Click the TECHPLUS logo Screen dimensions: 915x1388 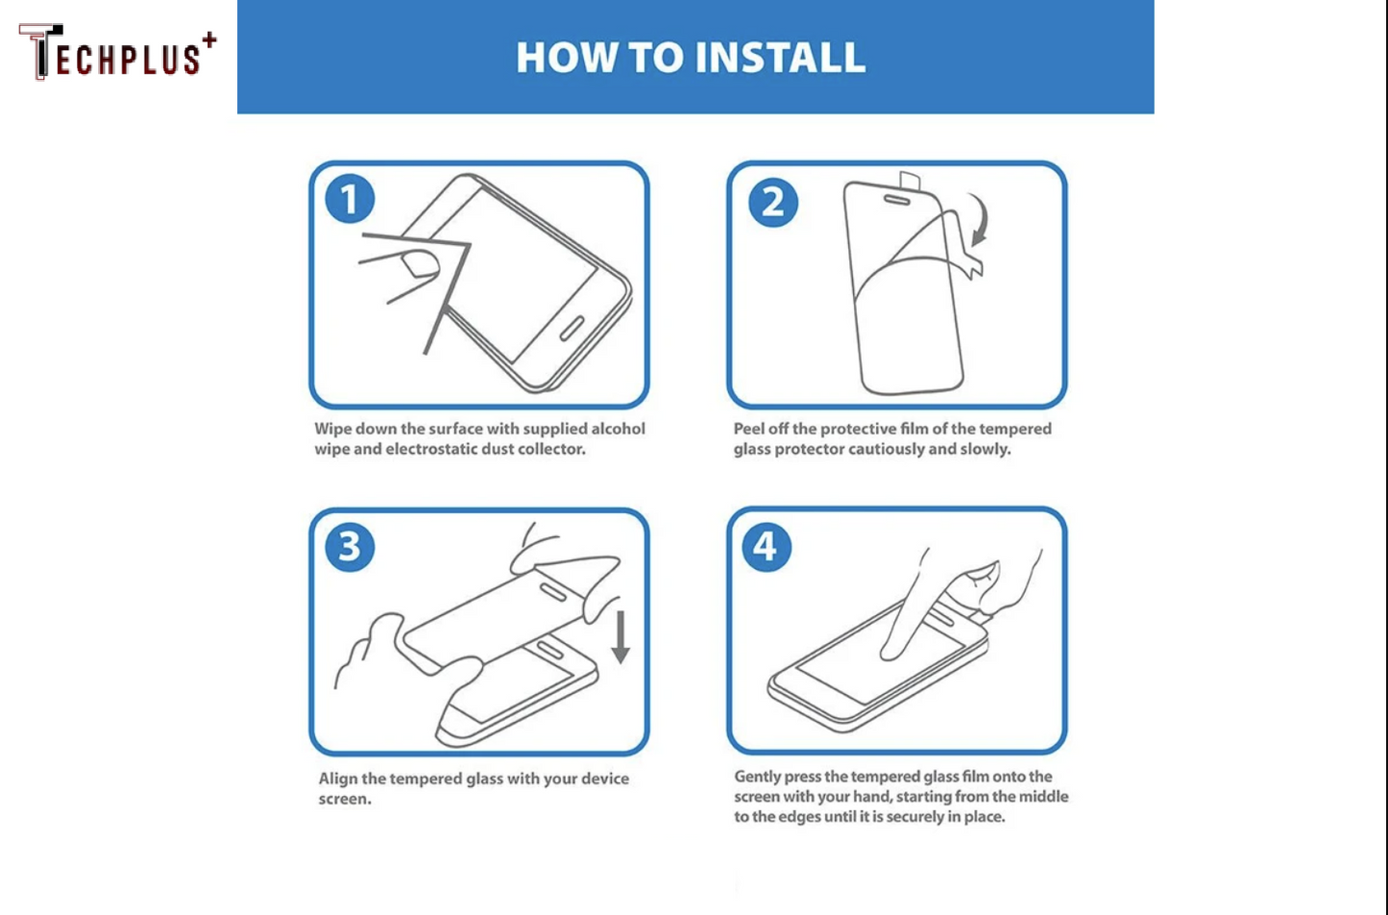(x=115, y=53)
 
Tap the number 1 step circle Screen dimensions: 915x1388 (x=350, y=200)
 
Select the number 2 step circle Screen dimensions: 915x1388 (x=772, y=202)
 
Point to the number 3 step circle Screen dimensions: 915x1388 (x=350, y=547)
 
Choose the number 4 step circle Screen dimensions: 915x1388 (x=766, y=547)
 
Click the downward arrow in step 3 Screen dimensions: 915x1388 (x=621, y=636)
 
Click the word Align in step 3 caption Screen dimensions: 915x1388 (x=338, y=779)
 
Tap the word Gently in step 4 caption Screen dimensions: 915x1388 (x=757, y=777)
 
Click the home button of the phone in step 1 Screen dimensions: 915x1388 (x=572, y=328)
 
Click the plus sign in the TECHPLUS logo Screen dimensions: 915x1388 (x=208, y=40)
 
